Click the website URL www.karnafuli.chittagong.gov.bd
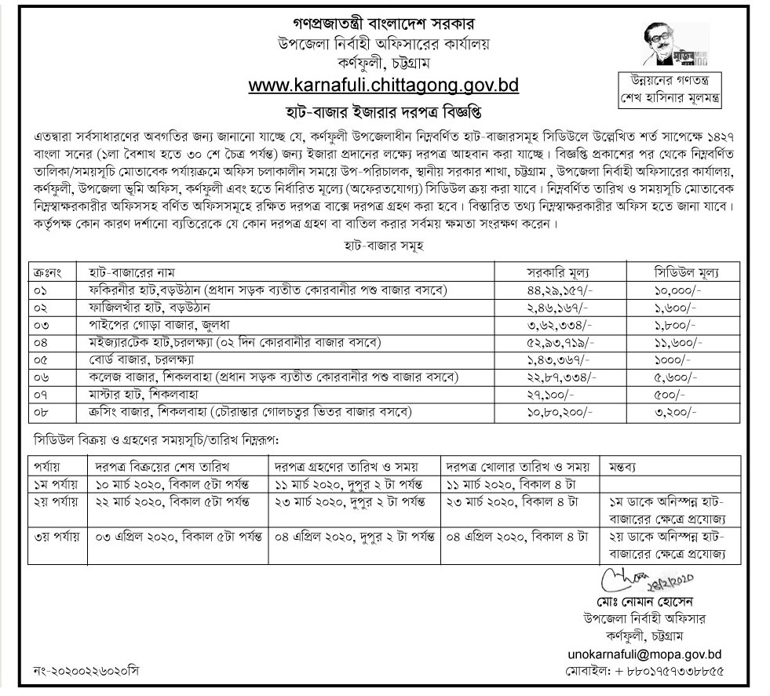[x=384, y=84]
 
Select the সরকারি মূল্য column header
[x=557, y=272]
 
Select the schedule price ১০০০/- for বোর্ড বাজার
[x=673, y=359]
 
